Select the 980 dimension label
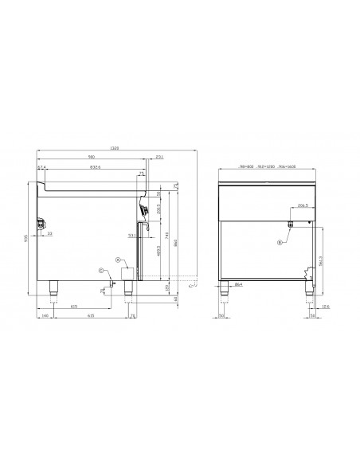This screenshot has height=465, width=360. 92,156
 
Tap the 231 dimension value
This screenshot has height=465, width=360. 160,156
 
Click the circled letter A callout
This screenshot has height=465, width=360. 117,260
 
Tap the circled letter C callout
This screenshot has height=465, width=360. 100,272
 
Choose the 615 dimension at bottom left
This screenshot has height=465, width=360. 74,306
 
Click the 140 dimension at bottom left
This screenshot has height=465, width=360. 46,317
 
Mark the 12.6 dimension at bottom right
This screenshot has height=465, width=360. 328,317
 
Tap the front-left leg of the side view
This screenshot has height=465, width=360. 55,288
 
